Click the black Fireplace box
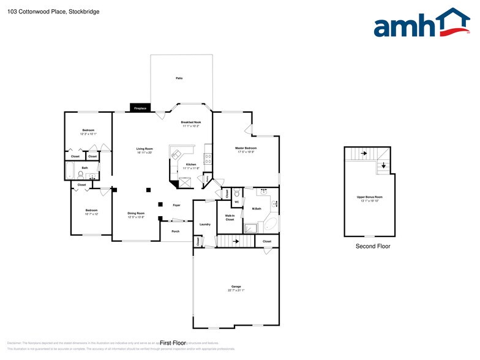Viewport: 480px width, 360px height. (x=140, y=108)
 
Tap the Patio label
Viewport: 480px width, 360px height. (x=179, y=78)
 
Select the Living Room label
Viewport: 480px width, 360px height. (x=144, y=149)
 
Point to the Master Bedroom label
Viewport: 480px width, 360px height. (x=246, y=148)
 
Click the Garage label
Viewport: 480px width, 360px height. (x=236, y=287)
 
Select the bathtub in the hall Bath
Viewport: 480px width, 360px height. (x=70, y=171)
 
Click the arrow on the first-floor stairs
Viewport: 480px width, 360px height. (x=236, y=241)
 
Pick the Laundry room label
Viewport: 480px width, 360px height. (x=205, y=224)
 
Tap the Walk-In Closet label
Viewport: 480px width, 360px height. (x=230, y=217)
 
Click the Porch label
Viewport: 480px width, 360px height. (x=176, y=231)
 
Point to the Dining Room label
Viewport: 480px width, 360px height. (x=136, y=214)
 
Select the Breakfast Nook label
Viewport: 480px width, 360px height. (x=191, y=123)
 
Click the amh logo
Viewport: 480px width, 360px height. (x=421, y=24)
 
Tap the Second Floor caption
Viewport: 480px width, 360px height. (x=373, y=246)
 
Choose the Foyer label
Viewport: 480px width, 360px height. (x=176, y=206)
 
